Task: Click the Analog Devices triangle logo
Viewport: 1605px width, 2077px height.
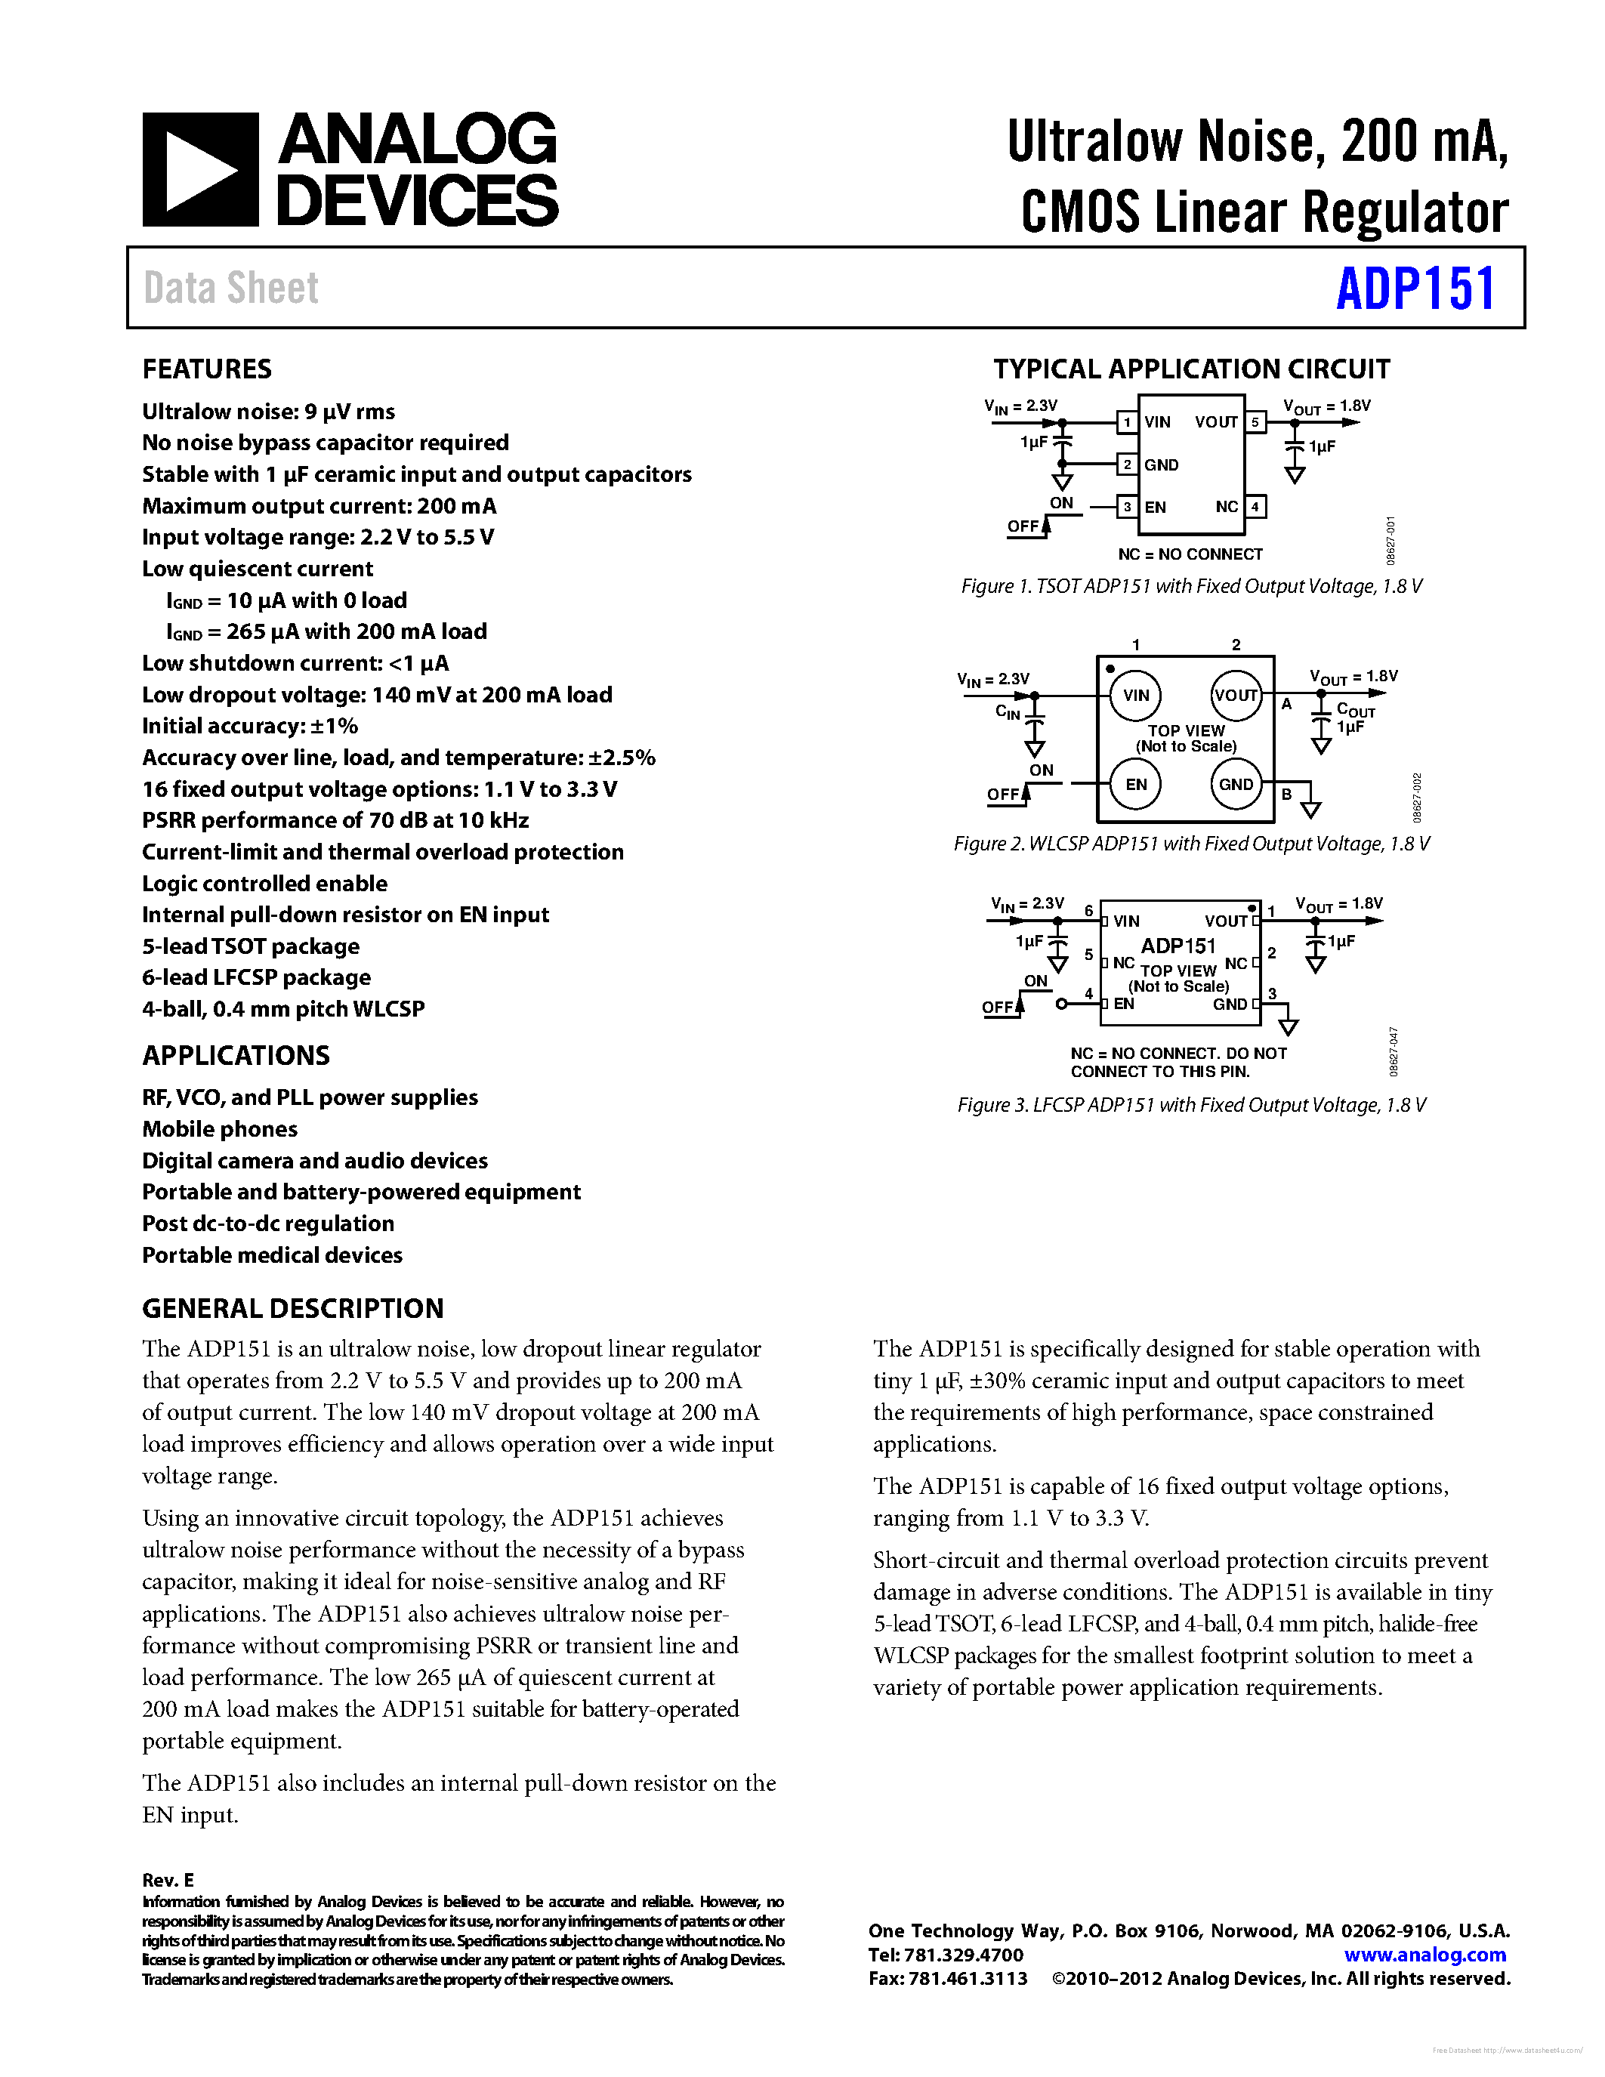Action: pos(199,169)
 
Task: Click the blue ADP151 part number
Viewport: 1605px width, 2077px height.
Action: pos(1415,289)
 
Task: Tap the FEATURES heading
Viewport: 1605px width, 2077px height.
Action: pos(206,369)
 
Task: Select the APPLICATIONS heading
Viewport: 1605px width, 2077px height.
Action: pos(236,1056)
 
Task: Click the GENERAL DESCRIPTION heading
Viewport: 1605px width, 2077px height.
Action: pos(293,1309)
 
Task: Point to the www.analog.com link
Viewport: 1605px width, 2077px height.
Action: pos(1424,1955)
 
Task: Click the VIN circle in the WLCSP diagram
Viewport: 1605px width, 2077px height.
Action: pos(1135,695)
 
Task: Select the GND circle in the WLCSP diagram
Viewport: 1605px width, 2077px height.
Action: pos(1236,785)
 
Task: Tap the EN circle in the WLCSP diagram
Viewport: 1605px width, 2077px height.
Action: pos(1135,785)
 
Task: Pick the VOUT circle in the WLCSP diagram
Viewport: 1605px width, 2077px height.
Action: pos(1236,695)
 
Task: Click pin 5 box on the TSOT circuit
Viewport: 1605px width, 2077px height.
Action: pos(1255,422)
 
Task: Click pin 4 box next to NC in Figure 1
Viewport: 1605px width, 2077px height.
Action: pos(1255,507)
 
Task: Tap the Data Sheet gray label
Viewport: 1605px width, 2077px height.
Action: pos(231,289)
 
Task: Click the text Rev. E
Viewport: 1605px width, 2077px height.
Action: pos(168,1880)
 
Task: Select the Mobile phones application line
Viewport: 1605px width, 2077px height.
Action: pos(220,1129)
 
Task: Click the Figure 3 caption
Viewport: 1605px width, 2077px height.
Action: pos(1191,1105)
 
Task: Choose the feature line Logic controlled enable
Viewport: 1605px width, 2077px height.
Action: pos(264,884)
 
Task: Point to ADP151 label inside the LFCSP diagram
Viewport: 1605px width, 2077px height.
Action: pos(1178,946)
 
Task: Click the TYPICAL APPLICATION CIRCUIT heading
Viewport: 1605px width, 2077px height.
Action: pos(1191,369)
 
